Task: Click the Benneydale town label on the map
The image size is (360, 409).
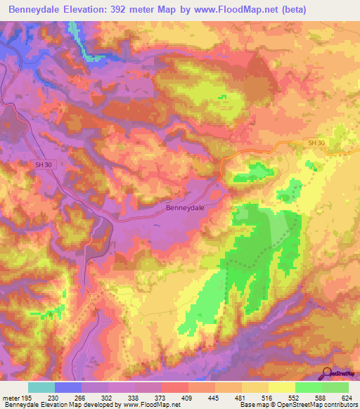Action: click(185, 208)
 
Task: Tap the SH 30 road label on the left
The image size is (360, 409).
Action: click(44, 164)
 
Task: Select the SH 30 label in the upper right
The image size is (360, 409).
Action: click(316, 143)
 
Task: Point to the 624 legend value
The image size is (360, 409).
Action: click(347, 398)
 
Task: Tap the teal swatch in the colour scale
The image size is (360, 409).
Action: click(41, 387)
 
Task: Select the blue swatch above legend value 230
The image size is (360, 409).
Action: click(68, 387)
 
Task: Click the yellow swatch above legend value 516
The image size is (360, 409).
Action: click(255, 387)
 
